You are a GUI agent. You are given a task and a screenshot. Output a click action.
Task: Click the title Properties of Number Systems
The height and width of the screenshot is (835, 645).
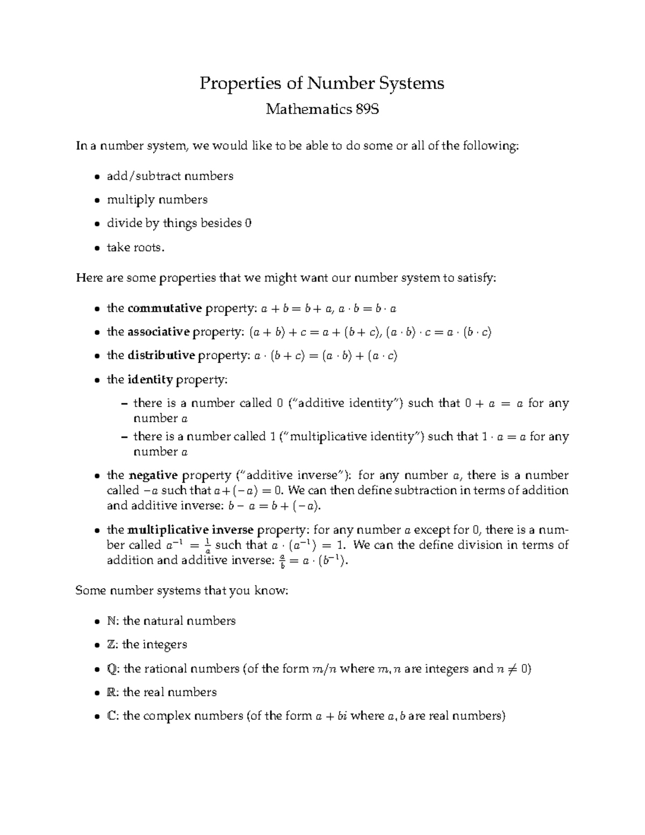[x=322, y=83]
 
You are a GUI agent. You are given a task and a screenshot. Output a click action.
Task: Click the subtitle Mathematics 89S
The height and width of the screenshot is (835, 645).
[x=322, y=110]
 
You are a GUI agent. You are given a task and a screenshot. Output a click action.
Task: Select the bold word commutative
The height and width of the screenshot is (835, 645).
[x=164, y=308]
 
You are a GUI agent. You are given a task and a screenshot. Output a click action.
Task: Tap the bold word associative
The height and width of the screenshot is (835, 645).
[x=159, y=332]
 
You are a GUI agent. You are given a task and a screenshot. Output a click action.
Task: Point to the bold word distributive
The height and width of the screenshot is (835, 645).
[x=161, y=355]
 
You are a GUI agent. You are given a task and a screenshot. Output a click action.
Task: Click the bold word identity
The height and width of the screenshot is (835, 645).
[x=150, y=380]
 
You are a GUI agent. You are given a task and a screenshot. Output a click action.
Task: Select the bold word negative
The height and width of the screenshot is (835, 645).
[x=153, y=475]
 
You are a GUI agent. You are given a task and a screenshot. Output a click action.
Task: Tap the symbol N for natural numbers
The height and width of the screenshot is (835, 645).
[x=111, y=621]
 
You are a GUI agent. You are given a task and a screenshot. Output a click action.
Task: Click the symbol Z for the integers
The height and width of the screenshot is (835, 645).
[x=111, y=645]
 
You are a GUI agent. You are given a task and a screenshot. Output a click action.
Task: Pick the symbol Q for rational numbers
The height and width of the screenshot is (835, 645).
[x=112, y=669]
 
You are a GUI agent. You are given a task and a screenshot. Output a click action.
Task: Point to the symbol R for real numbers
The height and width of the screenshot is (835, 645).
[x=111, y=693]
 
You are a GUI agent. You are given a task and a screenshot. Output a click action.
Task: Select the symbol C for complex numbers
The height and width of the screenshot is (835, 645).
[x=111, y=716]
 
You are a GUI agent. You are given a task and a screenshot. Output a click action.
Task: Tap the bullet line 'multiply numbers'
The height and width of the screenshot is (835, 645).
[x=157, y=200]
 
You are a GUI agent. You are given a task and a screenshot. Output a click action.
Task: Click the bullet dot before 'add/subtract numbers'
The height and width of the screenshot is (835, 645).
[x=96, y=177]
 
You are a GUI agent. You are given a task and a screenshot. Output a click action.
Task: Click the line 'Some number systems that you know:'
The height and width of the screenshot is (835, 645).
[x=182, y=591]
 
